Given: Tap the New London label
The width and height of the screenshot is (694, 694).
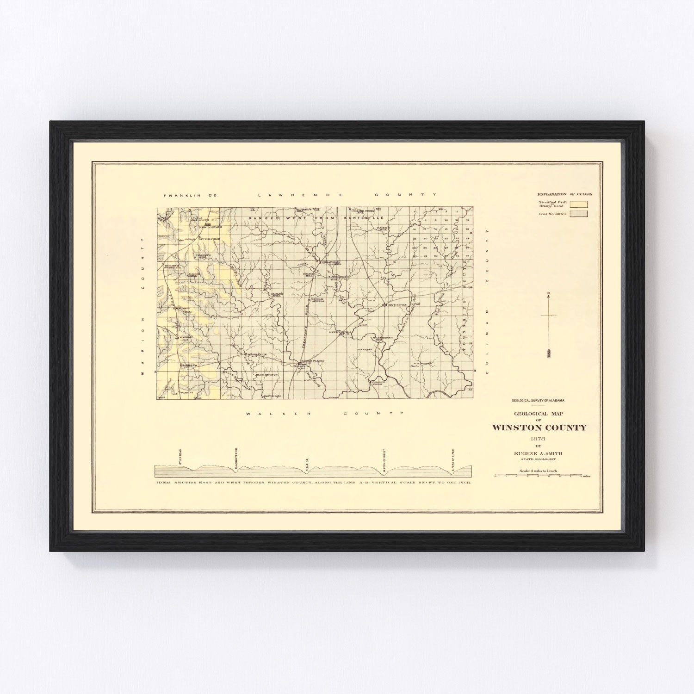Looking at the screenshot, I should coord(211,228).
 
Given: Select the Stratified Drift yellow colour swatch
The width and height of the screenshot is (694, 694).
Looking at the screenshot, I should coord(579,204).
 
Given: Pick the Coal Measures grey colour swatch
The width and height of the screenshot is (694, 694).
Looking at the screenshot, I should coord(579,214).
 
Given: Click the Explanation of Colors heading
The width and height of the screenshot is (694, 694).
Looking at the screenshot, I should coord(564,194).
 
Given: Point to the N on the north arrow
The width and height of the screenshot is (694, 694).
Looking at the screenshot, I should coord(548,294).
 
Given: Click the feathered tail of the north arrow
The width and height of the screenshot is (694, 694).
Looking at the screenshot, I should coord(549,353).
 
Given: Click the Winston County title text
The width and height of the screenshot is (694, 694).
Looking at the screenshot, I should coord(539,428).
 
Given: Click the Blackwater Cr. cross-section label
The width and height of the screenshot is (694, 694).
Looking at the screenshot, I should coord(236,458).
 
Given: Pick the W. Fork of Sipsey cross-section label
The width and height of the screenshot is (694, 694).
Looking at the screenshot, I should coord(384,459).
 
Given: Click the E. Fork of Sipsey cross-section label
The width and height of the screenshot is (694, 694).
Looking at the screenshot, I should coord(452,459).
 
